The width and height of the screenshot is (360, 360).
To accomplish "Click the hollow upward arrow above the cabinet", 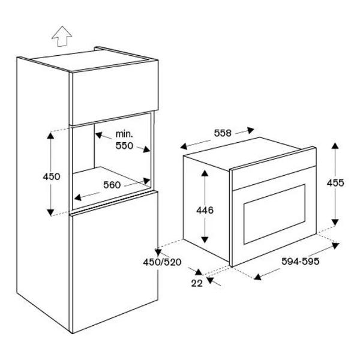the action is tap(62, 36).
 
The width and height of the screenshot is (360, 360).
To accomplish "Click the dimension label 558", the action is tap(223, 133).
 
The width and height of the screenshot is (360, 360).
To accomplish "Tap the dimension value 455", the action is tap(335, 183).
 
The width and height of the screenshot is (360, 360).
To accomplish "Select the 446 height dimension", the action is tap(205, 210).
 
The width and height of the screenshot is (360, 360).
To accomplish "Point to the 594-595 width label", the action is tap(301, 261).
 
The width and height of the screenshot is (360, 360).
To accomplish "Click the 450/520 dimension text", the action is tap(162, 262).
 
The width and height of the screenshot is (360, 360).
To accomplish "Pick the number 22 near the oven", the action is tap(197, 283).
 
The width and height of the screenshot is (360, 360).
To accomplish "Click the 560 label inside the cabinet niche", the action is tap(112, 185).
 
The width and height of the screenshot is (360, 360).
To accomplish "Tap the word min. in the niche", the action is tap(124, 134).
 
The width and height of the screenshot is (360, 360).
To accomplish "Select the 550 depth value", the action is tap(124, 146).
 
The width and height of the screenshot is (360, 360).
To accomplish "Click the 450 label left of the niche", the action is tap(52, 176).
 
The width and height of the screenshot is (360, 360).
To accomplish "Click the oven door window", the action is tap(274, 214).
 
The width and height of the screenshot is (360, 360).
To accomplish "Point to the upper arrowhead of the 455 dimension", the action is tap(335, 146).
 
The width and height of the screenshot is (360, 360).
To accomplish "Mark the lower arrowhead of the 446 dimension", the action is tap(205, 239).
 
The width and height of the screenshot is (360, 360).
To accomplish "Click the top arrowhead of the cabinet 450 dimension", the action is tap(50, 136).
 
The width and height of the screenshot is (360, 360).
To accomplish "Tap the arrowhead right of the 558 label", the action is tap(250, 130).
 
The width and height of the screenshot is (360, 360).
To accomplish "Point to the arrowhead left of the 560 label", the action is tap(78, 197).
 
